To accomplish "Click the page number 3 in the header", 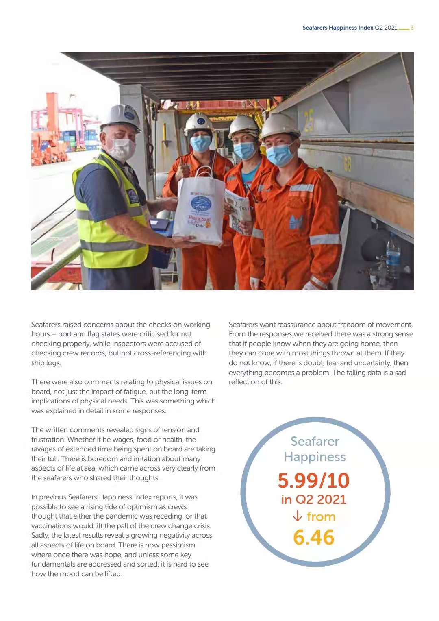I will tap(412, 28).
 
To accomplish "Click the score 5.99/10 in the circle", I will tap(313, 480).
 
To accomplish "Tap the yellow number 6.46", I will tap(313, 537).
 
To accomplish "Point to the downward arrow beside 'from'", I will tap(298, 516).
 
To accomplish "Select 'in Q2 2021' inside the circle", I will tap(313, 499).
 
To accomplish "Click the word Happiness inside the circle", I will tap(315, 457).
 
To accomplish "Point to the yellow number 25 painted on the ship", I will tap(309, 120).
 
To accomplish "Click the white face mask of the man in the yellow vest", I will tap(121, 148).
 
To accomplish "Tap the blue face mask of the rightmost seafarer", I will tap(280, 154).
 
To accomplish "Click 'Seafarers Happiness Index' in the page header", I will tap(337, 28).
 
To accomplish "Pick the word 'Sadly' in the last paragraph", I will tap(40, 535).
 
